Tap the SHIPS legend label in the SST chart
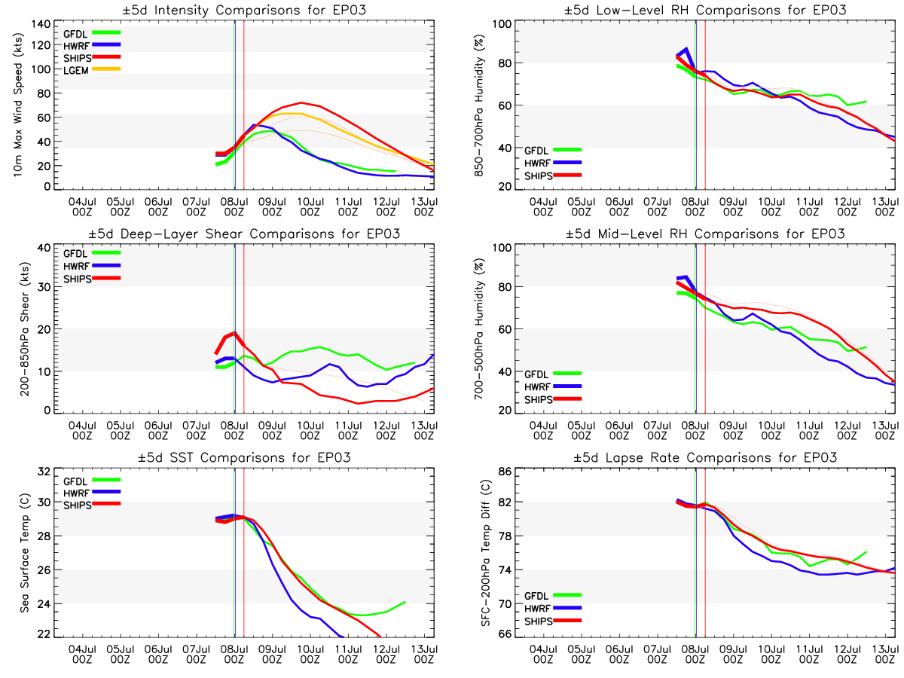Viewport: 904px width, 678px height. pyautogui.click(x=78, y=504)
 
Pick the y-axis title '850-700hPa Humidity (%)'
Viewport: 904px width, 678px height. pyautogui.click(x=477, y=108)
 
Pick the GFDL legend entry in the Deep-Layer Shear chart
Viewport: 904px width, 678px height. pyautogui.click(x=77, y=253)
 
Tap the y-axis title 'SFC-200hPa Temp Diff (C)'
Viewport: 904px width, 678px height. pyautogui.click(x=477, y=555)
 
